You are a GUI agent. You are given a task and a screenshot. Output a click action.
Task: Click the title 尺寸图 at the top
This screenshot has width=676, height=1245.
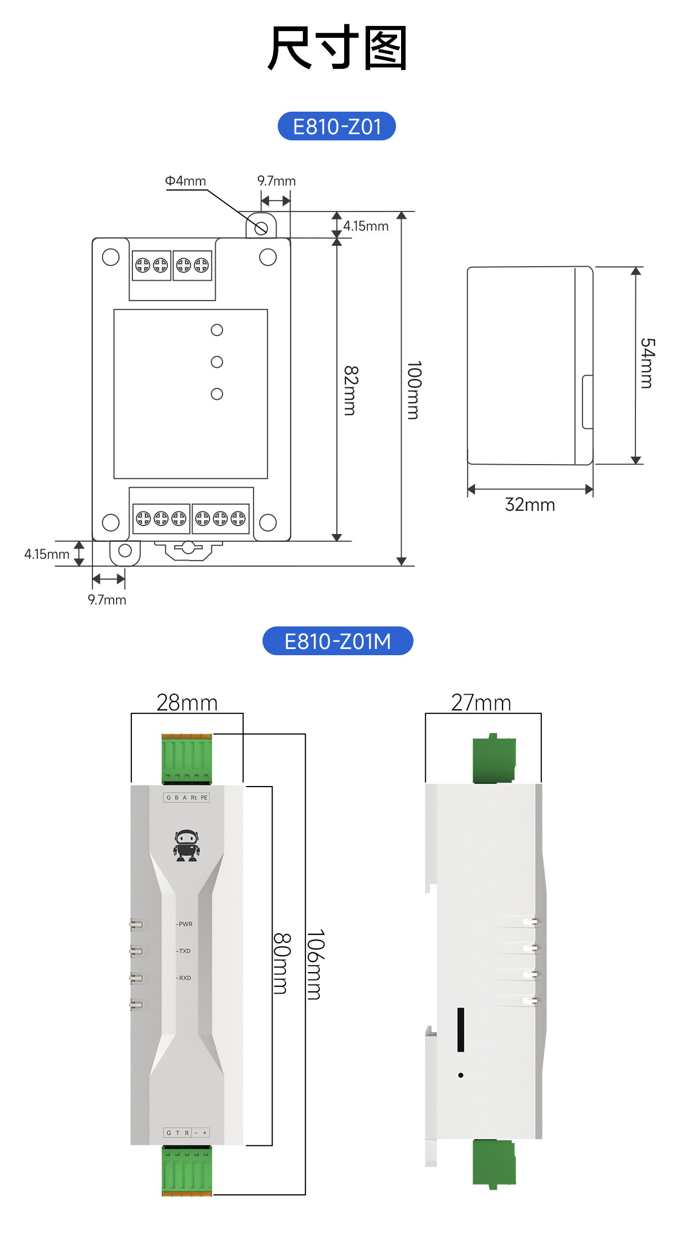pyautogui.click(x=337, y=47)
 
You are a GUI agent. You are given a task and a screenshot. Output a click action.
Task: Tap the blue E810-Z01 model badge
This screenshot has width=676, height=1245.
pyautogui.click(x=337, y=126)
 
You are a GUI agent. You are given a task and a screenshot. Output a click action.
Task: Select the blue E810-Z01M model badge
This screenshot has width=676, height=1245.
pyautogui.click(x=338, y=641)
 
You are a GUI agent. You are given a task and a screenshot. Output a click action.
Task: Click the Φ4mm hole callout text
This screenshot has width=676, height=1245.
pyautogui.click(x=185, y=181)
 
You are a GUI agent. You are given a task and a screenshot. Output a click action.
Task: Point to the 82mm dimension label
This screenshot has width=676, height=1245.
pyautogui.click(x=350, y=391)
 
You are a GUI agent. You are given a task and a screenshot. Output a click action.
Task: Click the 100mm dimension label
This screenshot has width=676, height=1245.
pyautogui.click(x=414, y=390)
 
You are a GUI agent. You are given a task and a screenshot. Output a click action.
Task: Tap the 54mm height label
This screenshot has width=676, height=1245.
pyautogui.click(x=647, y=364)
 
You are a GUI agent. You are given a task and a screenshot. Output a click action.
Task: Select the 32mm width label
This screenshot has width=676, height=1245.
pyautogui.click(x=530, y=505)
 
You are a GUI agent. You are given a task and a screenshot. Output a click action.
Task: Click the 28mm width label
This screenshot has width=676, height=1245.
pyautogui.click(x=187, y=703)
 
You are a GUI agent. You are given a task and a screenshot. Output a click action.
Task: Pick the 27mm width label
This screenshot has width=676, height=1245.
pyautogui.click(x=481, y=703)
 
